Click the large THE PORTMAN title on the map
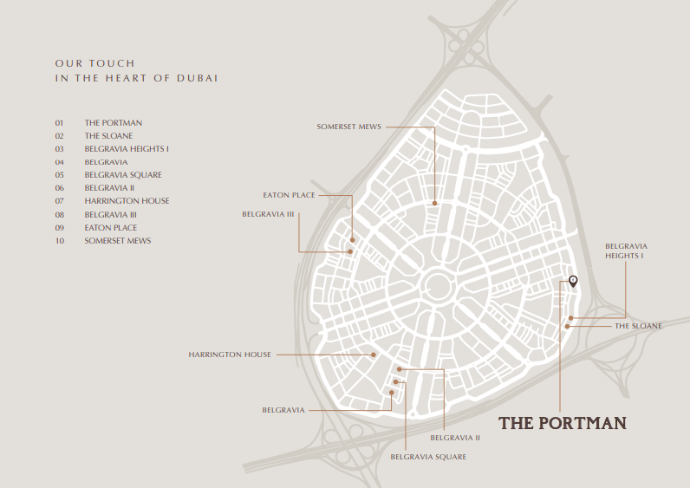click(562, 424)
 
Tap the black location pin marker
click(573, 280)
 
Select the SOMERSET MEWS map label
click(348, 127)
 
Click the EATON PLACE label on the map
click(289, 195)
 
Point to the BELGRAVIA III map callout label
click(269, 213)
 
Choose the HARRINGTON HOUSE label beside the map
click(230, 355)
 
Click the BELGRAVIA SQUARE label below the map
click(428, 457)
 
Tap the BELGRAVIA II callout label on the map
click(460, 438)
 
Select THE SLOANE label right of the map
click(638, 326)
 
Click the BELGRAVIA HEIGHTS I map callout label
click(626, 251)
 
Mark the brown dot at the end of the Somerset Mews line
click(435, 204)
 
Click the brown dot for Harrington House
click(374, 355)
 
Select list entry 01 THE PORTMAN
click(113, 123)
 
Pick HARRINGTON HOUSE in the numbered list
click(127, 201)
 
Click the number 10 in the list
click(60, 240)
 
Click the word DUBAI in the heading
click(199, 78)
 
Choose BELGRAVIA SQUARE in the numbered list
click(123, 175)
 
